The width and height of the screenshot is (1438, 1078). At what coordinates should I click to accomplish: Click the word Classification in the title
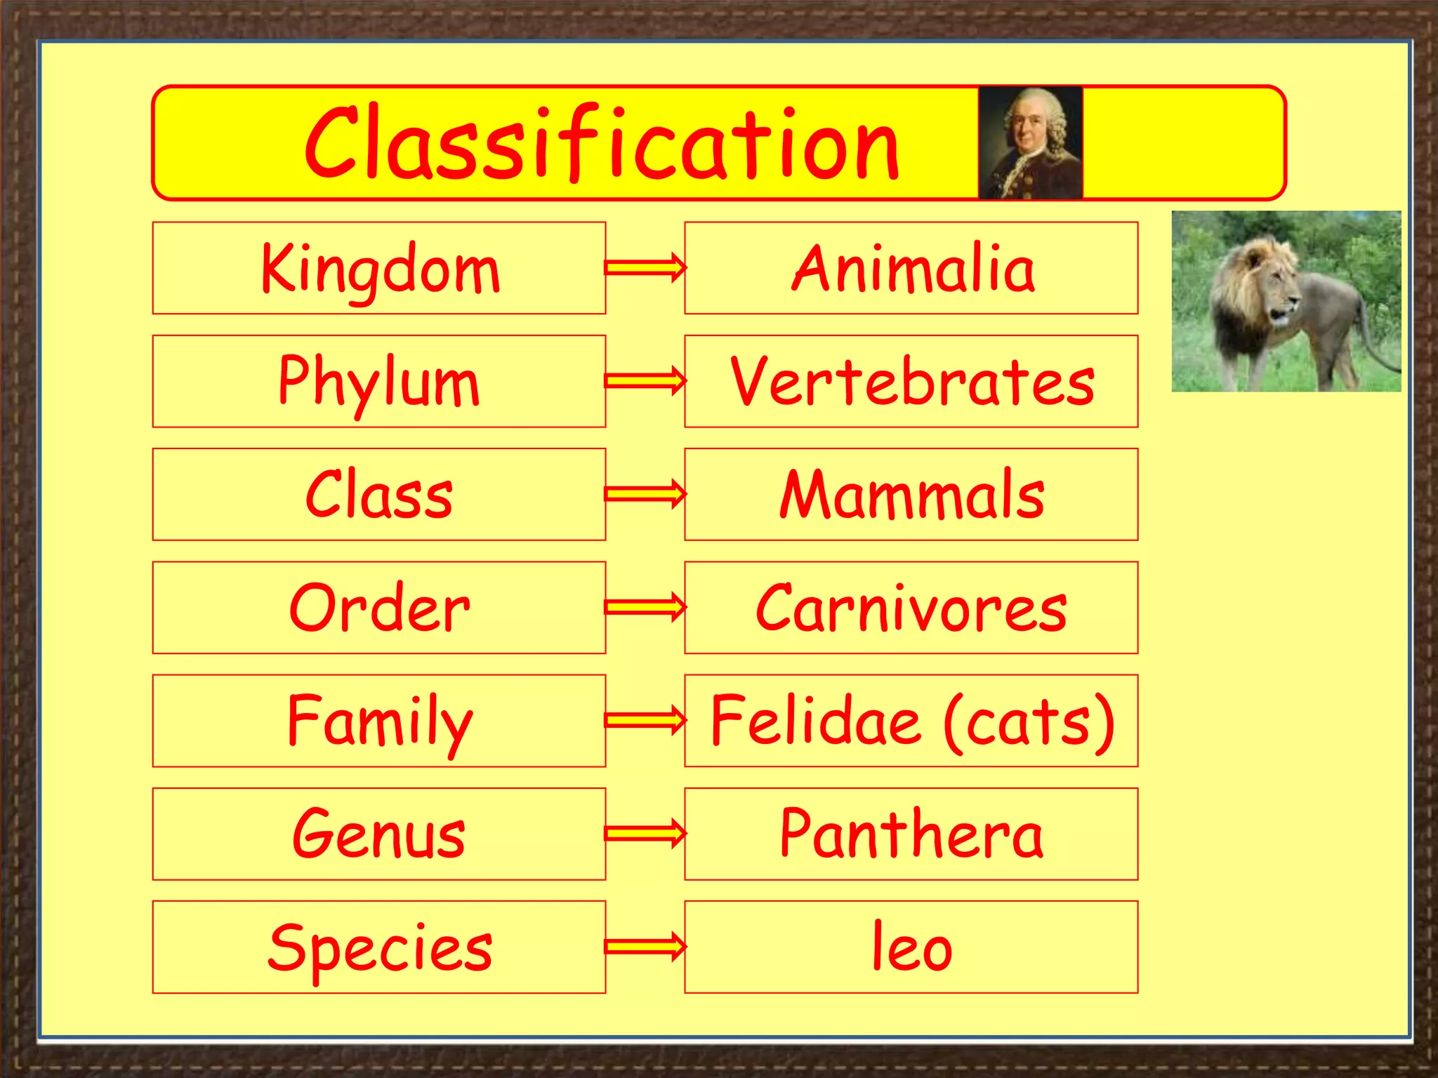point(602,144)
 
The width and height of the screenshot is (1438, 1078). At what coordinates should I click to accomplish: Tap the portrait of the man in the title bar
point(1030,143)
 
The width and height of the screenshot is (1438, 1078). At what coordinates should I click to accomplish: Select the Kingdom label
point(380,269)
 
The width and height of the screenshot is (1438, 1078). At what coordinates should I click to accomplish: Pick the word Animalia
point(912,269)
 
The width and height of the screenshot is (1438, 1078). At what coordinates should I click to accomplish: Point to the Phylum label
point(379,382)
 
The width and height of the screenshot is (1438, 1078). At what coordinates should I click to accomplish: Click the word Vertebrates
point(912,382)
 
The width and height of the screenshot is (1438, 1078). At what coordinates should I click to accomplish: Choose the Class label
point(379,495)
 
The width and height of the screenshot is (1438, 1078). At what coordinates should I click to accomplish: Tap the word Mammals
point(912,495)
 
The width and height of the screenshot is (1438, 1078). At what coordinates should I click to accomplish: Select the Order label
point(379,608)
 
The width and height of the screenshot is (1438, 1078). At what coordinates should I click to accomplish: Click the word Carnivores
point(911,608)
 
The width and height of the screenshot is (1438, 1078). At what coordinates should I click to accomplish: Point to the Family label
point(380,721)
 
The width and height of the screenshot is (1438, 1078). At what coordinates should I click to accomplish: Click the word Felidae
point(815,721)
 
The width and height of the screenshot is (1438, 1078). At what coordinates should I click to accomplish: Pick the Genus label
point(379,834)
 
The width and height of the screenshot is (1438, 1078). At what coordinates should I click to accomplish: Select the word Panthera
point(911,834)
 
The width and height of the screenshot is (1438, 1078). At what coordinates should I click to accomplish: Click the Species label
point(380,948)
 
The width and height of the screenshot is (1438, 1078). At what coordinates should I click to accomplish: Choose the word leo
point(911,948)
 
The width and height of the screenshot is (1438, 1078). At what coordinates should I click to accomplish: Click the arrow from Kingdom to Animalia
point(645,267)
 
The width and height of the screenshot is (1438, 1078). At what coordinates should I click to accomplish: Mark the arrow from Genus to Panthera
point(645,833)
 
